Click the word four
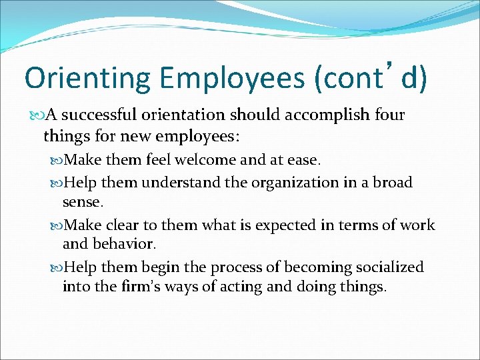pos(389,115)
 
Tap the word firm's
pos(145,287)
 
